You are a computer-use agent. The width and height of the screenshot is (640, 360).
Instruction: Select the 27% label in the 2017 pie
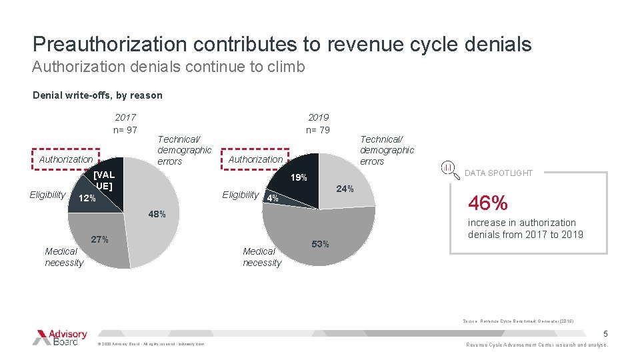[99, 239]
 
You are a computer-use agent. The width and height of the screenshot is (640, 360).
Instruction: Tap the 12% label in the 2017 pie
[87, 199]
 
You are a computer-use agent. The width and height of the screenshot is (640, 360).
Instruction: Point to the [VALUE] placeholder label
[104, 181]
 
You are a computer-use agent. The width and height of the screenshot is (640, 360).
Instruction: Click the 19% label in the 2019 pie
[298, 178]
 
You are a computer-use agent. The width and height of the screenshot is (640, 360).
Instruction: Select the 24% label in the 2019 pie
[345, 189]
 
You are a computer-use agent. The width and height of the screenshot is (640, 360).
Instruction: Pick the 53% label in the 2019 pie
[320, 244]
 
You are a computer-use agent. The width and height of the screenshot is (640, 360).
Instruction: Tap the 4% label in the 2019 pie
[272, 198]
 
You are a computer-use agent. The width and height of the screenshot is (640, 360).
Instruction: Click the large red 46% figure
[488, 203]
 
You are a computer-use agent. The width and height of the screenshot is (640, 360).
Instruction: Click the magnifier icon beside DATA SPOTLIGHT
[448, 166]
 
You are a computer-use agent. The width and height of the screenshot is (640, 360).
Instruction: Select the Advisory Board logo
[60, 337]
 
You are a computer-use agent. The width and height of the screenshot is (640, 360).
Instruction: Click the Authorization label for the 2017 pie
[66, 159]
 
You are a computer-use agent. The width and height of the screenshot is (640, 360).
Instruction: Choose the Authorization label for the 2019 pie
[255, 159]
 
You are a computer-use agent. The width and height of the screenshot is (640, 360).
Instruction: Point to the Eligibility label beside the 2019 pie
[241, 195]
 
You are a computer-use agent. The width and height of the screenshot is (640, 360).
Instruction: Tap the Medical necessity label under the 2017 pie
[64, 257]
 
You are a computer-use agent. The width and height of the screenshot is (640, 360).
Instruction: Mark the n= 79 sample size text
[318, 129]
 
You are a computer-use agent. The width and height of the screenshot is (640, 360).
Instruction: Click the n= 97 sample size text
[125, 129]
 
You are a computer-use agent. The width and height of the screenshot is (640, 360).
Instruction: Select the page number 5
[605, 333]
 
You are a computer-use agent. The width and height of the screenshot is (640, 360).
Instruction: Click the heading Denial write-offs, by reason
[97, 95]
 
